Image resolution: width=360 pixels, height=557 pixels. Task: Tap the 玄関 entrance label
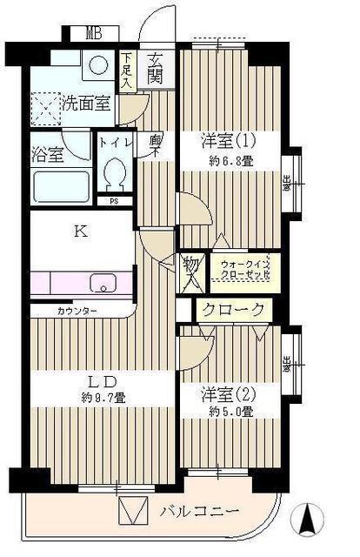156,70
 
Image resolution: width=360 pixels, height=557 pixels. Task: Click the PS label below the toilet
113,201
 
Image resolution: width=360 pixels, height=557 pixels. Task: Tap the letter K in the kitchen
79,232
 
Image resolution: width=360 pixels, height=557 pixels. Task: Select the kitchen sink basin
103,284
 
